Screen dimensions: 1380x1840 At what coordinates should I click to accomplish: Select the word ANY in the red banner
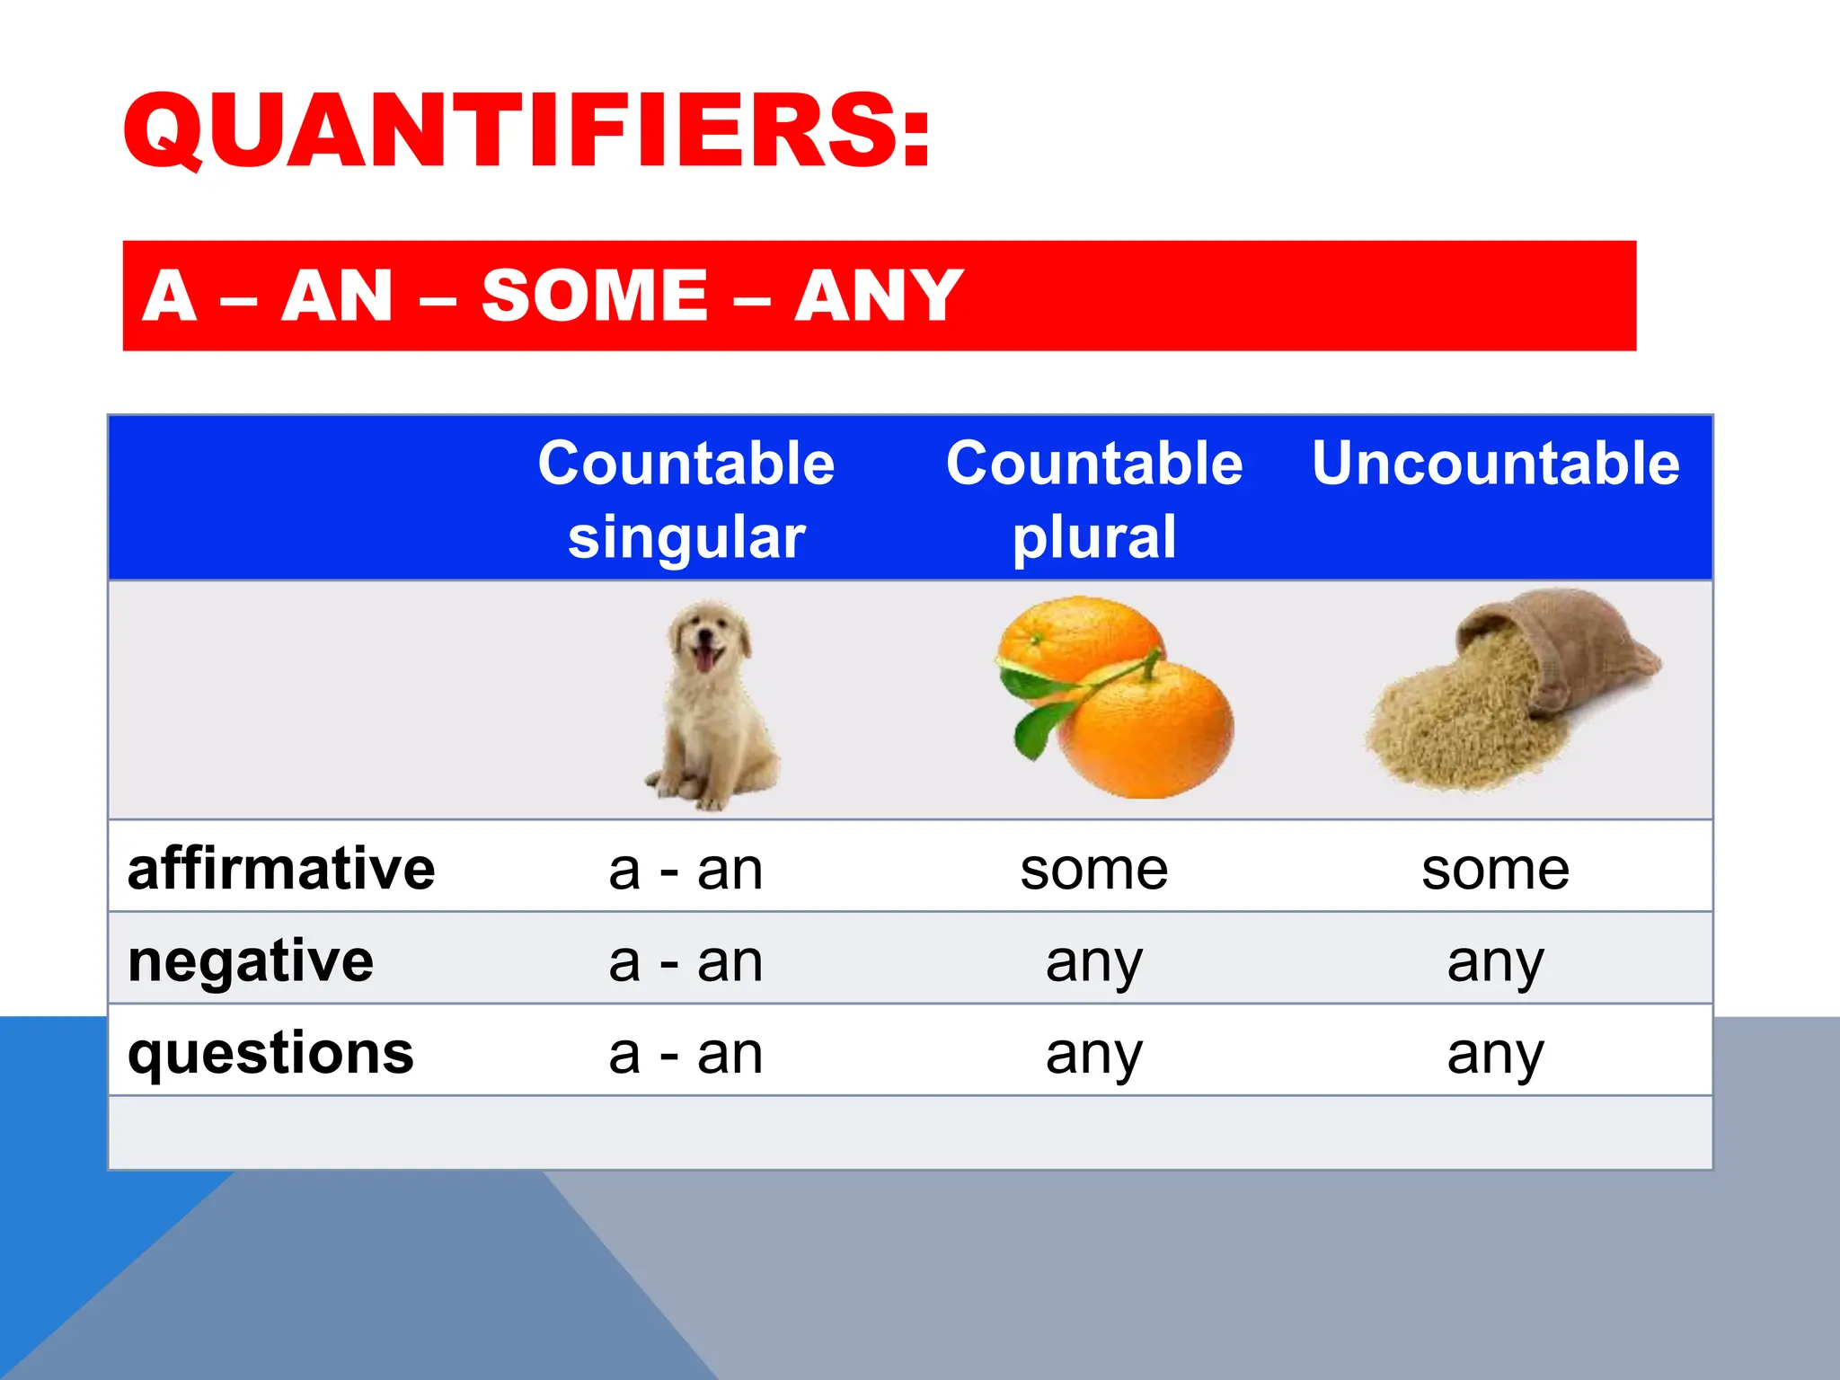coord(878,296)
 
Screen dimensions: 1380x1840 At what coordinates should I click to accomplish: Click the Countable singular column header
coord(686,500)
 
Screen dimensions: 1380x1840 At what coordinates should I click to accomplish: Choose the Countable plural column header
coord(1094,500)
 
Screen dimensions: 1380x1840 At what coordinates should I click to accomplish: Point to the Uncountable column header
coord(1495,464)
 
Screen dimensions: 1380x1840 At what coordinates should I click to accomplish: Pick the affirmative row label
coord(281,869)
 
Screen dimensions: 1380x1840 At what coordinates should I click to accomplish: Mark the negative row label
coord(251,960)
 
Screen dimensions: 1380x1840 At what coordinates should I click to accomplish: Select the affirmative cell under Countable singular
coord(686,870)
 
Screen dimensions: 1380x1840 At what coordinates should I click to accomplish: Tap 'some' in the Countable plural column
coord(1094,870)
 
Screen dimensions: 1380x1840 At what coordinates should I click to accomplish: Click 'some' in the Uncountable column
coord(1495,870)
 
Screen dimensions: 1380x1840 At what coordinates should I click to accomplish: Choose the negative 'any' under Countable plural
coord(1094,962)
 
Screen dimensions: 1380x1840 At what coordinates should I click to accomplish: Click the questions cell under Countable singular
coord(686,1053)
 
